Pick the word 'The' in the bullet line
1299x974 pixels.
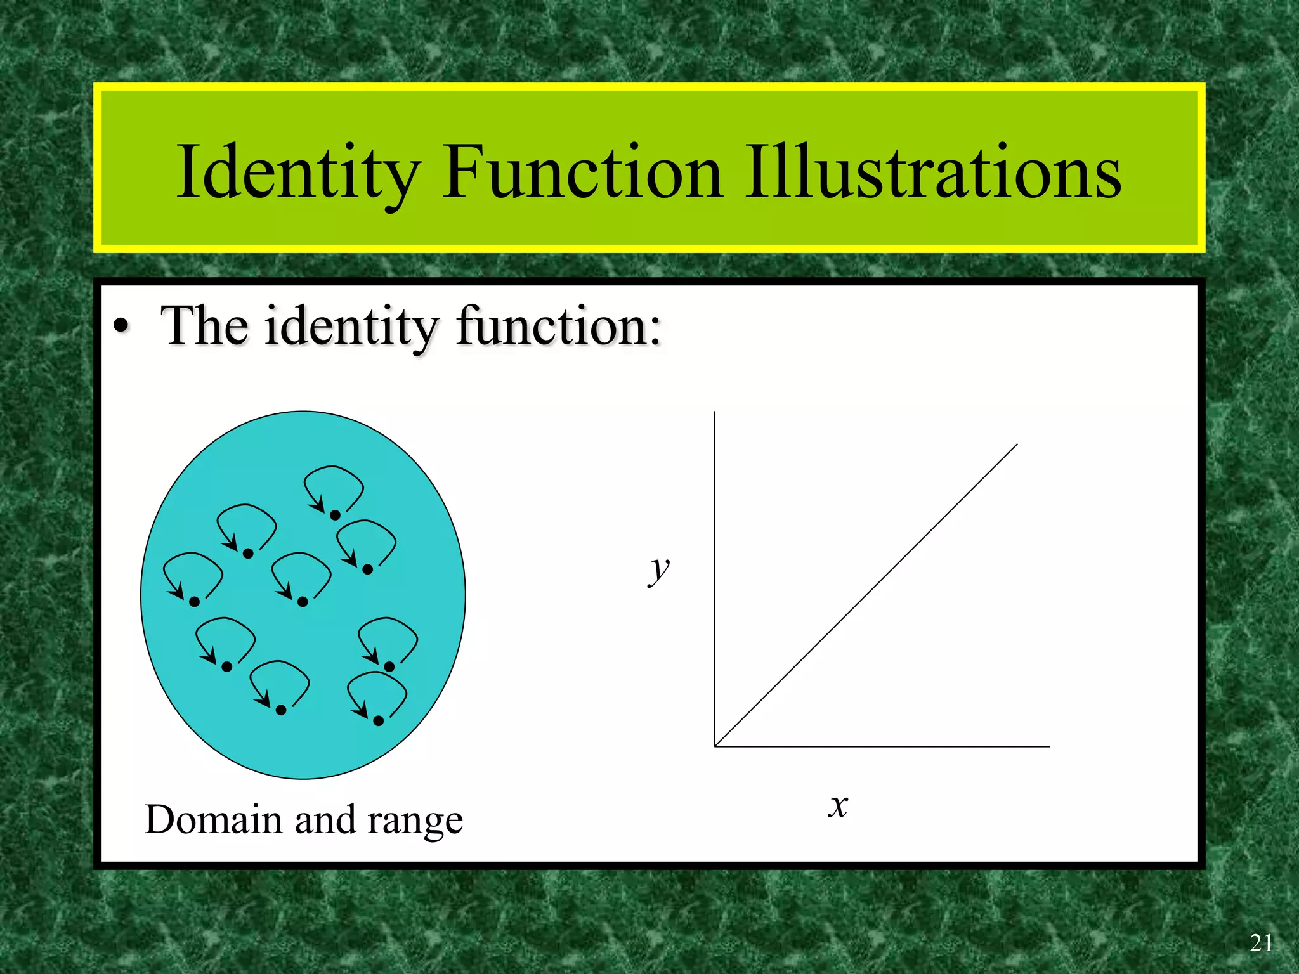click(204, 326)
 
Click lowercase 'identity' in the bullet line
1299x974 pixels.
click(351, 327)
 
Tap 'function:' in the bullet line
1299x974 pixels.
click(559, 326)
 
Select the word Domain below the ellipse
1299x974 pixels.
click(214, 819)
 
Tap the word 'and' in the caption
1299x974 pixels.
click(325, 819)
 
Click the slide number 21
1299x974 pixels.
click(1261, 944)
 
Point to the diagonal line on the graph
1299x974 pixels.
click(866, 595)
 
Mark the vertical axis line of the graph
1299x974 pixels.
click(715, 571)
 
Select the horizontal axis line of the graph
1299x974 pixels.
click(888, 746)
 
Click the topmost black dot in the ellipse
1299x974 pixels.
click(335, 515)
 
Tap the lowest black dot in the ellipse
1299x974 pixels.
click(378, 721)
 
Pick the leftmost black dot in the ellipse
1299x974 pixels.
click(194, 602)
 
